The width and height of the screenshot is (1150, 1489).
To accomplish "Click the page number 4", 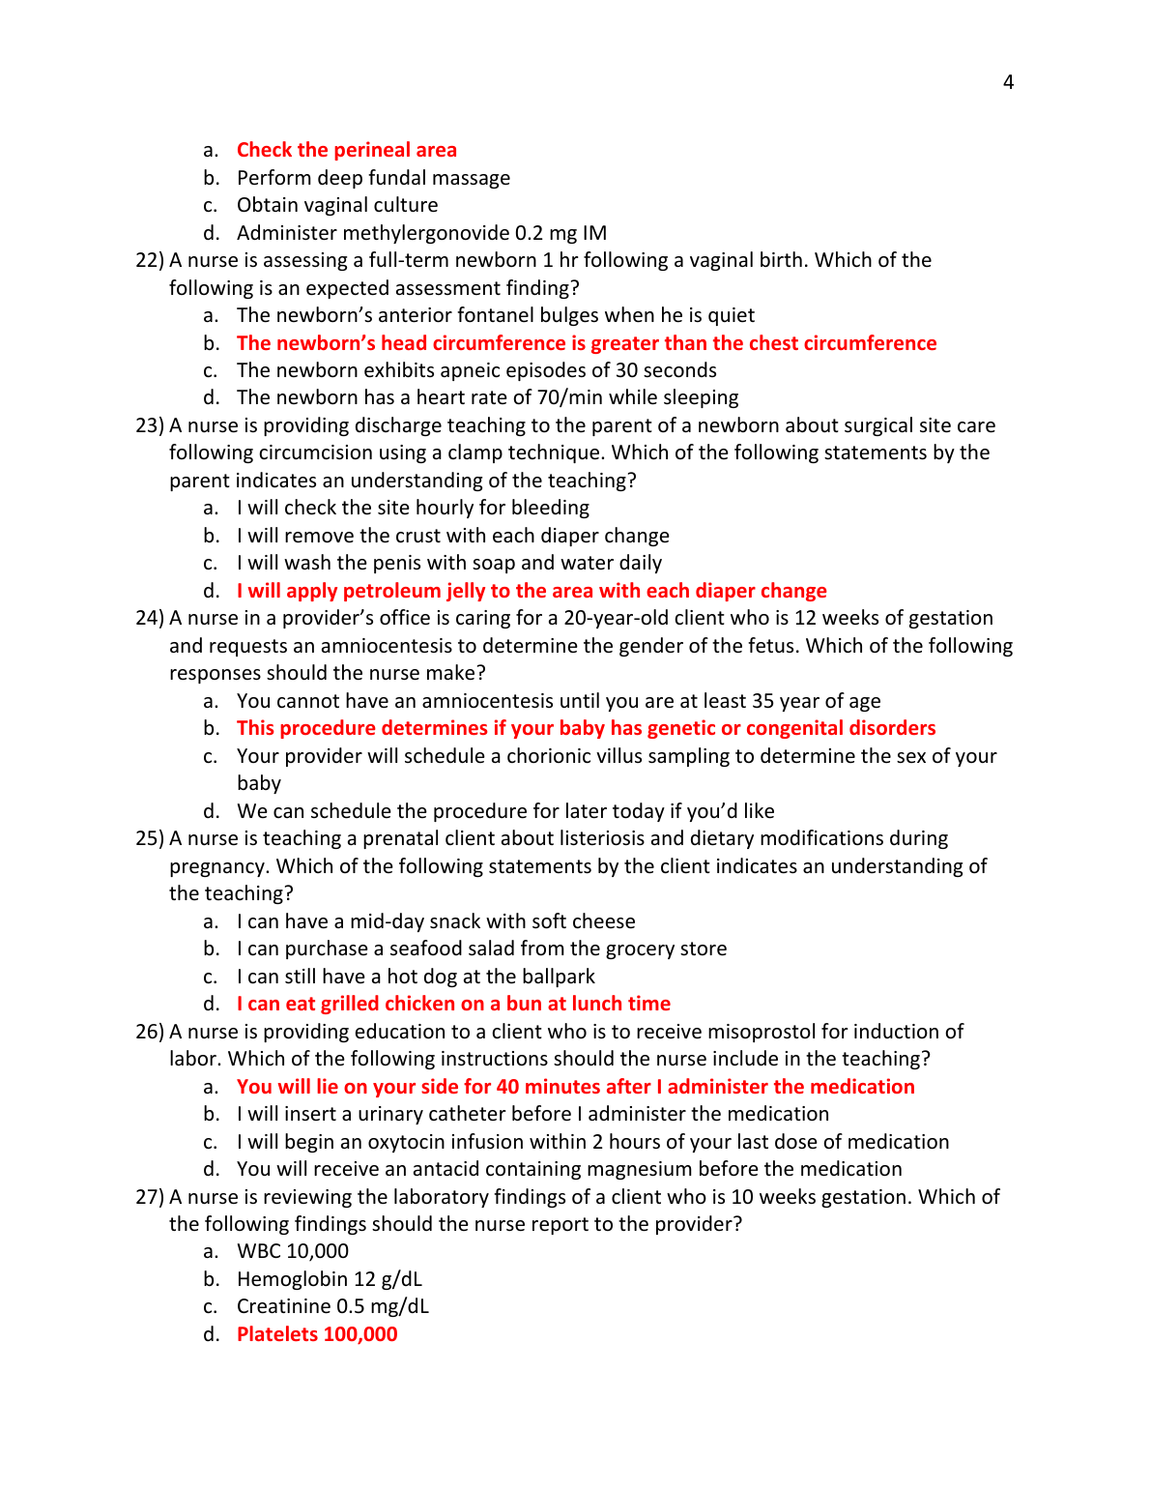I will [1008, 83].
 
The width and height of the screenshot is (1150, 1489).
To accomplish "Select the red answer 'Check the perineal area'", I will [346, 150].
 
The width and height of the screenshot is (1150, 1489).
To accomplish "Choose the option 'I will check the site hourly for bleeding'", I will [413, 508].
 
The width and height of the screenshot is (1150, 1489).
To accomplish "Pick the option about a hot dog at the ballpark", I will [416, 977].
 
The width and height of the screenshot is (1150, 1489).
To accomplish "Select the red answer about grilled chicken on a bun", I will [453, 1004].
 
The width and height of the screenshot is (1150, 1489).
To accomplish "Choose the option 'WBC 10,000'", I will [292, 1251].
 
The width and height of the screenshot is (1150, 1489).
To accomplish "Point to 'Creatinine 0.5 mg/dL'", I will [332, 1306].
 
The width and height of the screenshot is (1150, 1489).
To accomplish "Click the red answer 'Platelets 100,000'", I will [317, 1334].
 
